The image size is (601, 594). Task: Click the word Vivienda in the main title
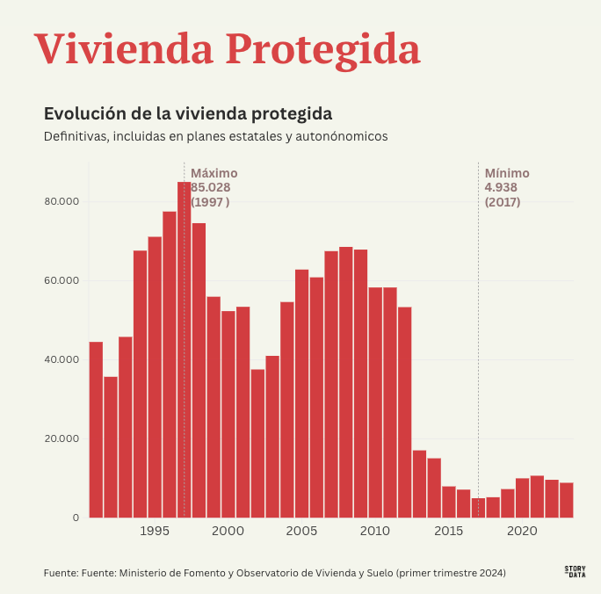point(123,49)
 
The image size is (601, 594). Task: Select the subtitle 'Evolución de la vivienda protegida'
point(187,114)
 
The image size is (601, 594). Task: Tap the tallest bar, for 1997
point(184,351)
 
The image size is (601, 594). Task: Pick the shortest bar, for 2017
point(478,508)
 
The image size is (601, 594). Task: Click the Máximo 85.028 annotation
point(214,187)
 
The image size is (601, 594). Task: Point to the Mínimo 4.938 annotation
point(507,187)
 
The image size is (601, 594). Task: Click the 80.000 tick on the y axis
point(62,201)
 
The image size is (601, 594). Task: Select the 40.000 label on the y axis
point(62,359)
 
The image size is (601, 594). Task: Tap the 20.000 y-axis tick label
point(62,438)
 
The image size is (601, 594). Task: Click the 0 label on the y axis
point(76,518)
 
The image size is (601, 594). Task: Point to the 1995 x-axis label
point(155,531)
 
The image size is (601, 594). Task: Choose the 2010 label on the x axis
point(375,531)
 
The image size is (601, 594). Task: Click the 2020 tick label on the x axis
point(522,531)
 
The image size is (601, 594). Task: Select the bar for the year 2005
point(301,395)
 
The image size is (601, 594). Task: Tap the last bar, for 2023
point(567,500)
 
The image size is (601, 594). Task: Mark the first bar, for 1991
point(96,431)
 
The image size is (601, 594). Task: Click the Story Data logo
point(575,571)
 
